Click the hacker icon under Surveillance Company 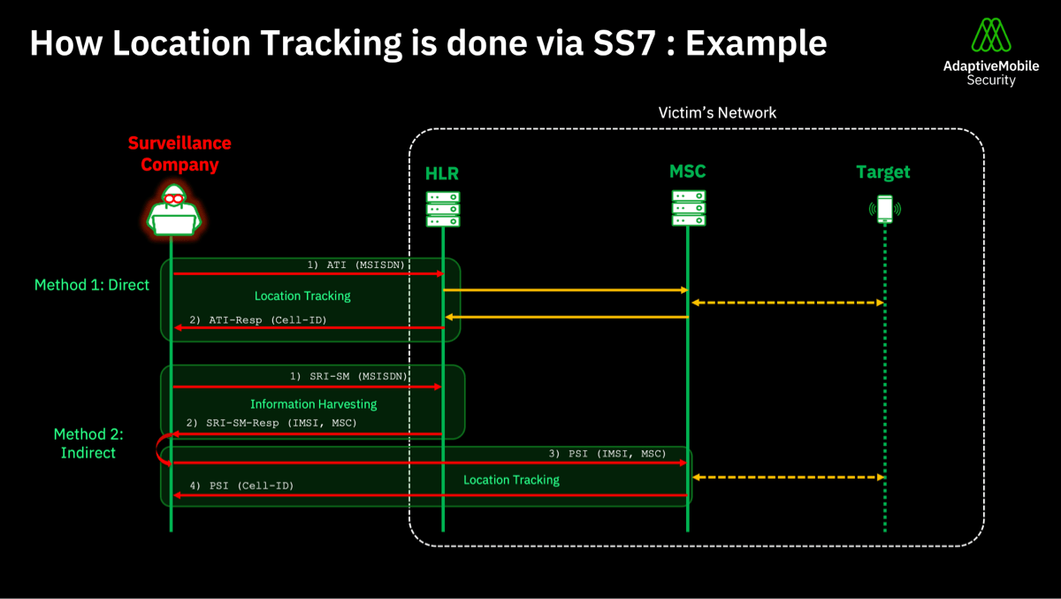click(x=172, y=211)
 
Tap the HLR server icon click(x=443, y=209)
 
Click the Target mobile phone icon click(x=885, y=209)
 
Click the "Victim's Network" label click(x=717, y=112)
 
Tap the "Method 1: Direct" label click(x=92, y=285)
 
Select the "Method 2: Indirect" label click(x=88, y=443)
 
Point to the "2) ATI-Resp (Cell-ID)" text click(x=256, y=319)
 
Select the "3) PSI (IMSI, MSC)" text click(x=619, y=453)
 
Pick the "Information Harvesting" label click(x=313, y=403)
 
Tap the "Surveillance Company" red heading click(x=179, y=153)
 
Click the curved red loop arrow click(x=163, y=449)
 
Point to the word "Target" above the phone click(x=882, y=172)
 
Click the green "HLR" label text click(x=442, y=173)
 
